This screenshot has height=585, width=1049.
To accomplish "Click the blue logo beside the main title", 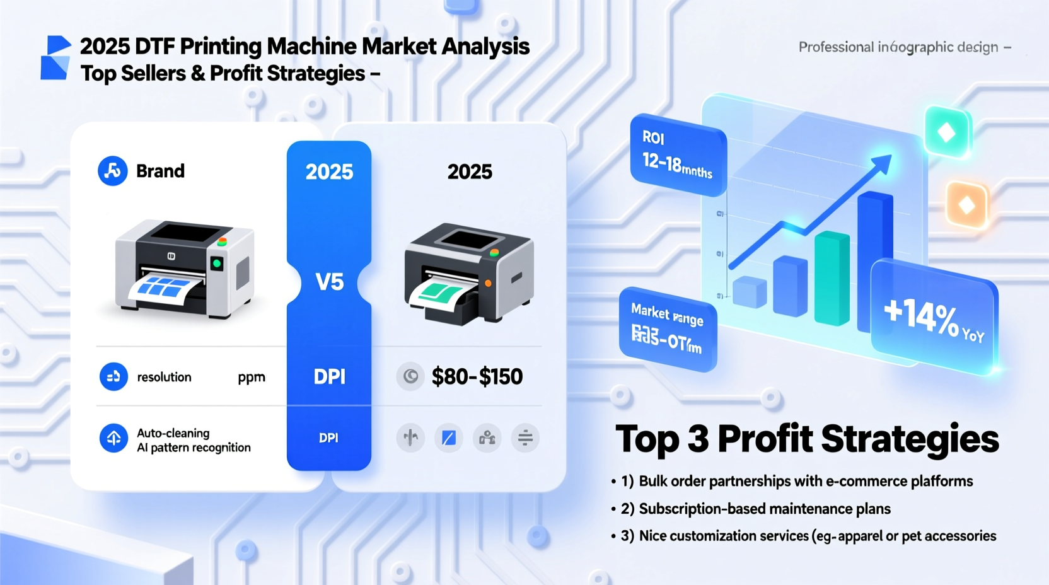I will (x=56, y=58).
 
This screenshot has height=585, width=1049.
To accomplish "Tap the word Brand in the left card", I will (x=160, y=171).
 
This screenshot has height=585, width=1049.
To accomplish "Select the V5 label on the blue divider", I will (x=329, y=282).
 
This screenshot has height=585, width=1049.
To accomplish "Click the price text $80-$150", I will (x=477, y=376).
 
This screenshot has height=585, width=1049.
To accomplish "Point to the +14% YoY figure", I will (x=932, y=318).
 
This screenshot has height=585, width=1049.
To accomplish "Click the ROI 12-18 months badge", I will (x=677, y=154).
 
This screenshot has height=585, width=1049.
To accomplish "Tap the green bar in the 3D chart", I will (x=832, y=277).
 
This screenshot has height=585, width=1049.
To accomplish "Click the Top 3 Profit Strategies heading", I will (x=807, y=439).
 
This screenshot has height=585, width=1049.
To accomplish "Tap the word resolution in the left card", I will (x=164, y=377).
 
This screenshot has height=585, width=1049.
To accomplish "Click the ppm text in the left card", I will (x=251, y=377).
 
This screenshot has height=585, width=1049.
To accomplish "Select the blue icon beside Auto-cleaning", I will (x=113, y=438).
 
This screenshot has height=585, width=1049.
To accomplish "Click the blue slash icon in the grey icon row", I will (x=449, y=437).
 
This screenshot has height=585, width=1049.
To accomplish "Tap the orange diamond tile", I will (x=966, y=205).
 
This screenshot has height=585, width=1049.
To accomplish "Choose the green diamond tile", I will (x=946, y=132).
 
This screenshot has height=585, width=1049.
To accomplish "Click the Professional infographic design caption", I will (x=898, y=47).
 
